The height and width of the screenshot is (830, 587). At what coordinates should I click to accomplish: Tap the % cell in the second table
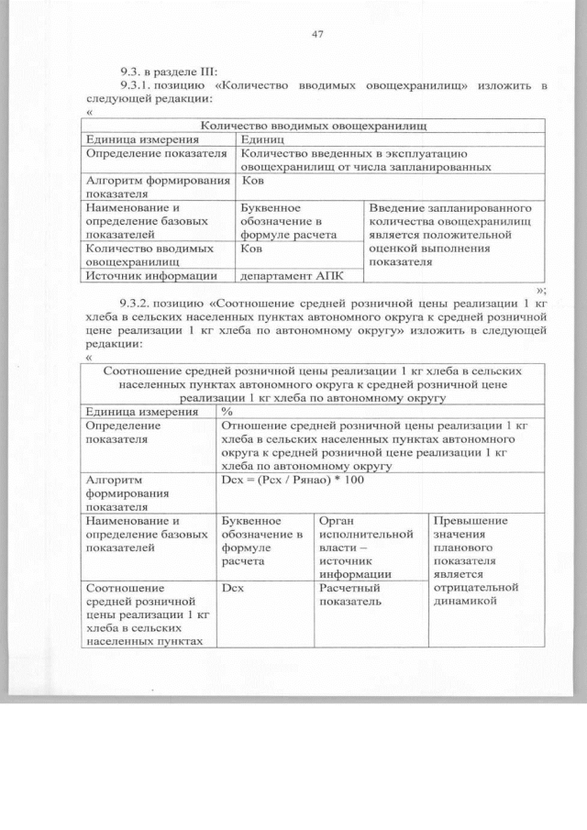[x=227, y=412]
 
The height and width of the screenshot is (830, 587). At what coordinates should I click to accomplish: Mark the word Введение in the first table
[x=396, y=208]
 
